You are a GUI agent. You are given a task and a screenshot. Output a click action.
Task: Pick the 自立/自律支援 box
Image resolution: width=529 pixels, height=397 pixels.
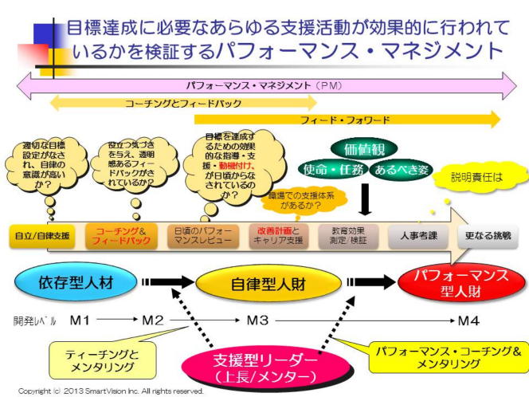(x=41, y=235)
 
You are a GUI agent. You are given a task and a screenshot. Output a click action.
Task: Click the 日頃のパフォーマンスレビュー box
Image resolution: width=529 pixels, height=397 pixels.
(x=203, y=235)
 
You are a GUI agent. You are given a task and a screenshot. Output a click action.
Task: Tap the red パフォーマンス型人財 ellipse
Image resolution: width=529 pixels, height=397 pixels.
(x=463, y=284)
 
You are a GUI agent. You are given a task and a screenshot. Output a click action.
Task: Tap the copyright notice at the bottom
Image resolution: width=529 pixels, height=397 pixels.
(x=111, y=391)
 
